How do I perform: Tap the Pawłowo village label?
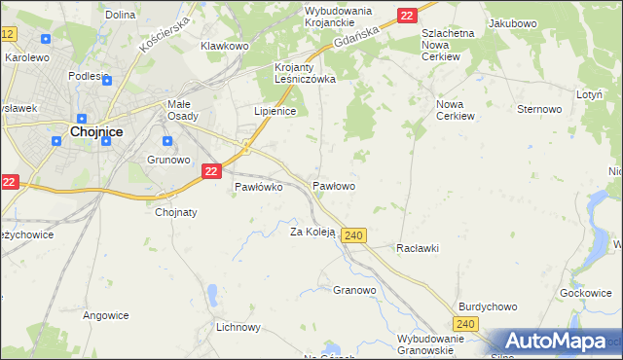point(333,185)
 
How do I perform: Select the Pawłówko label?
point(258,187)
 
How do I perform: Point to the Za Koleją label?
point(312,232)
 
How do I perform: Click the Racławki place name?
point(418,248)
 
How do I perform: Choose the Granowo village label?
point(354,290)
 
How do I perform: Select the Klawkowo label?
point(225,46)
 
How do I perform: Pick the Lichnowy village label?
point(239,327)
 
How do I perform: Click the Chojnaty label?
point(176,212)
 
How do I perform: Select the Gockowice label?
point(585,292)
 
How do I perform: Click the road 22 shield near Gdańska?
point(407,15)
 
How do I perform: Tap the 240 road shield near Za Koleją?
point(354,235)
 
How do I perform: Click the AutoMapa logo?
point(554,342)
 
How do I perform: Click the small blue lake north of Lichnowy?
point(211,293)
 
